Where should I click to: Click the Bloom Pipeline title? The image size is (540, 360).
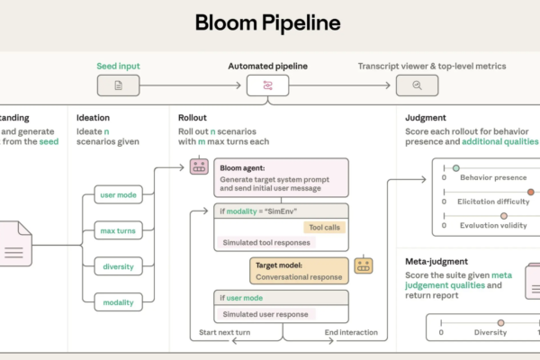(269, 22)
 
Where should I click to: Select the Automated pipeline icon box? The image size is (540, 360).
(269, 85)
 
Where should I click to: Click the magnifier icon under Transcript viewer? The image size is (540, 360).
(417, 85)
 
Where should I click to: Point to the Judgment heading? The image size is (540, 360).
(426, 116)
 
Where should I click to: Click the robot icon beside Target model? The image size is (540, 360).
(364, 265)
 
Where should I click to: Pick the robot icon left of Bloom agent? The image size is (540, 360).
(198, 167)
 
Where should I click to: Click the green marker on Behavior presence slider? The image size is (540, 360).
(456, 168)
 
